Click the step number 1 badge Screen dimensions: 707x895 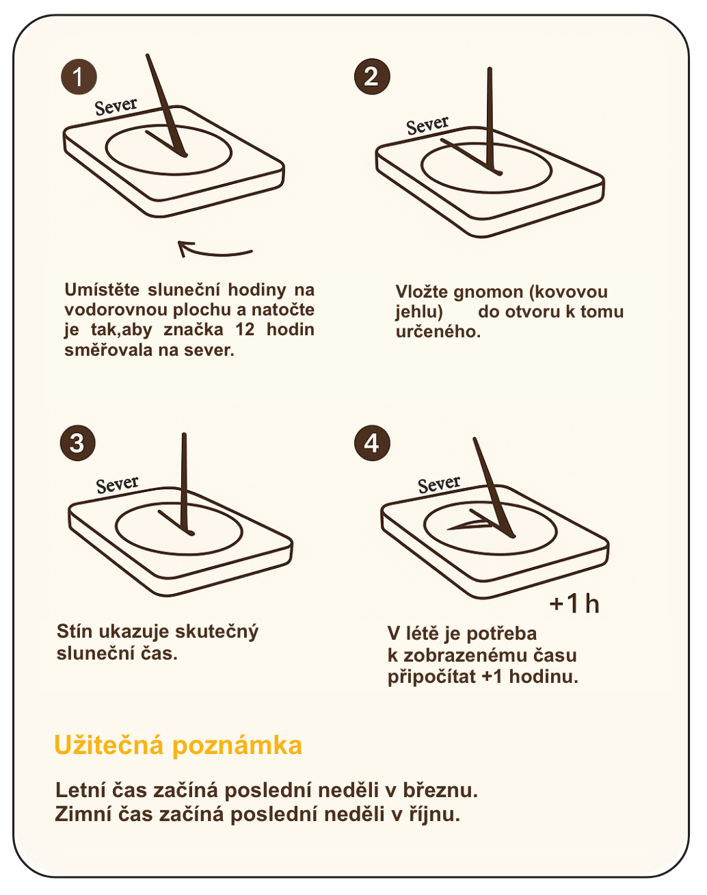pyautogui.click(x=79, y=77)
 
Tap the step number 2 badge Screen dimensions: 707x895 pyautogui.click(x=373, y=77)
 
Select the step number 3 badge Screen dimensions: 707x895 pyautogui.click(x=78, y=443)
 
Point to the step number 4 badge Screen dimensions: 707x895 pyautogui.click(x=373, y=443)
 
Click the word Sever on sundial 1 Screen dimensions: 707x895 pyautogui.click(x=116, y=107)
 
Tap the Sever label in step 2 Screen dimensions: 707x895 pyautogui.click(x=428, y=126)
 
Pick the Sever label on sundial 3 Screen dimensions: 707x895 pyautogui.click(x=117, y=484)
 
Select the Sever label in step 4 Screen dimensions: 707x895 pyautogui.click(x=439, y=484)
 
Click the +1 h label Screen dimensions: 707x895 pyautogui.click(x=574, y=604)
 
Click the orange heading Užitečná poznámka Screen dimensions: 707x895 pyautogui.click(x=178, y=745)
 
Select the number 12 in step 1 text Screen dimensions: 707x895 pyautogui.click(x=245, y=330)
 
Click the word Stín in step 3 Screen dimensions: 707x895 pyautogui.click(x=75, y=632)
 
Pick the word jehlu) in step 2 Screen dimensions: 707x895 pyautogui.click(x=419, y=312)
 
